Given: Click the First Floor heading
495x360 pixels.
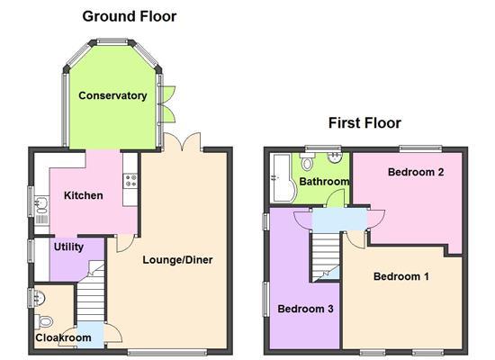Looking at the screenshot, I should pyautogui.click(x=364, y=123).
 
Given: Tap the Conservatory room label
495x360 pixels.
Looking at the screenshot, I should pyautogui.click(x=112, y=95).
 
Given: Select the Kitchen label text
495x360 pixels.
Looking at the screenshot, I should pyautogui.click(x=83, y=195).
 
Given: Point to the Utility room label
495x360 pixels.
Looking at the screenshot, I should pyautogui.click(x=69, y=246).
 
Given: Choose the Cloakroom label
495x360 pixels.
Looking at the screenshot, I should pyautogui.click(x=63, y=338).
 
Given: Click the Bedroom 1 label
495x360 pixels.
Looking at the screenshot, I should pyautogui.click(x=401, y=276).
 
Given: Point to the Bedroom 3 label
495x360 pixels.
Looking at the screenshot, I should pyautogui.click(x=305, y=309).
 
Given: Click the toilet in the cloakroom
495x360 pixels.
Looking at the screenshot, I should pyautogui.click(x=46, y=320).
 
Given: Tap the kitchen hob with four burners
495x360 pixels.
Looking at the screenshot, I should pyautogui.click(x=130, y=179).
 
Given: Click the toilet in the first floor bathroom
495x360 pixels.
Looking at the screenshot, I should pyautogui.click(x=306, y=163).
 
